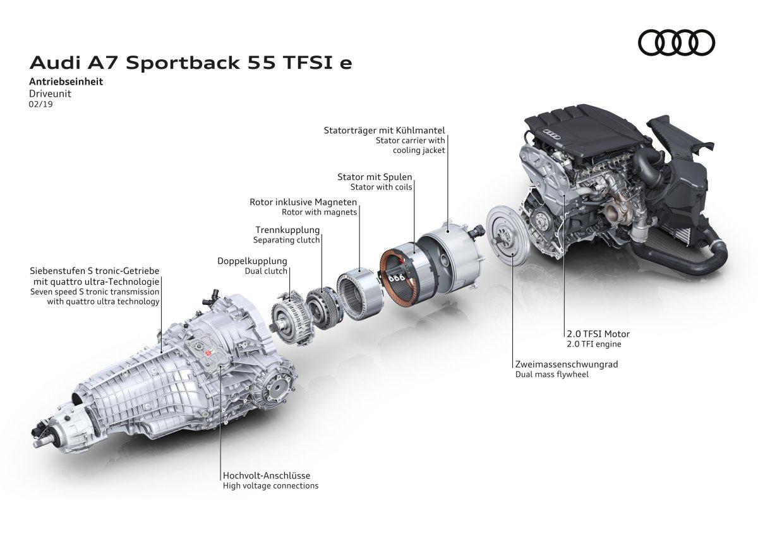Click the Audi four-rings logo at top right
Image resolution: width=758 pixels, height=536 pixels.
tap(677, 42)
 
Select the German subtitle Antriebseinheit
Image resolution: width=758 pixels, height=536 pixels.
tap(66, 81)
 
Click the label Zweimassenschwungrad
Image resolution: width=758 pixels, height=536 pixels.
tap(566, 364)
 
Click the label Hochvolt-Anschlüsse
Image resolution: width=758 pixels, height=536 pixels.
tap(266, 475)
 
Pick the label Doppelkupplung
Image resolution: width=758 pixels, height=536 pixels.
tap(252, 261)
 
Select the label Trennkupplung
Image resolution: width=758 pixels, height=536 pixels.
tap(287, 230)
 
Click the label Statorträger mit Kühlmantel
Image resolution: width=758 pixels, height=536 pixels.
tap(385, 131)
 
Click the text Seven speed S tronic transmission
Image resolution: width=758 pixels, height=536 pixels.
tap(95, 292)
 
